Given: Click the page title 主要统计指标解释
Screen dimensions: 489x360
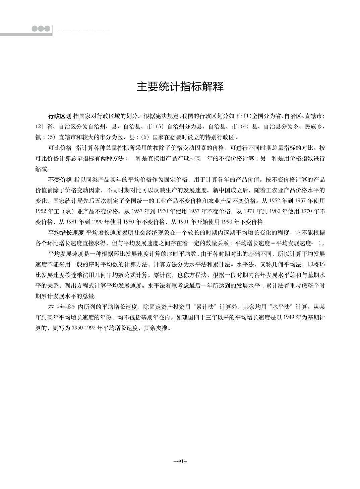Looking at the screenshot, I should [x=180, y=87].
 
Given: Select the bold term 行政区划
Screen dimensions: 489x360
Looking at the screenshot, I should [x=60, y=116].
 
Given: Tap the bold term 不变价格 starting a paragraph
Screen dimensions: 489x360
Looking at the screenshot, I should [x=60, y=179].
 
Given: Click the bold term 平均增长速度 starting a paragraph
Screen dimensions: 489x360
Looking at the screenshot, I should [x=66, y=232].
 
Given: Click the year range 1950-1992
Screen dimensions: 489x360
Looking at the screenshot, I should [x=83, y=328].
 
